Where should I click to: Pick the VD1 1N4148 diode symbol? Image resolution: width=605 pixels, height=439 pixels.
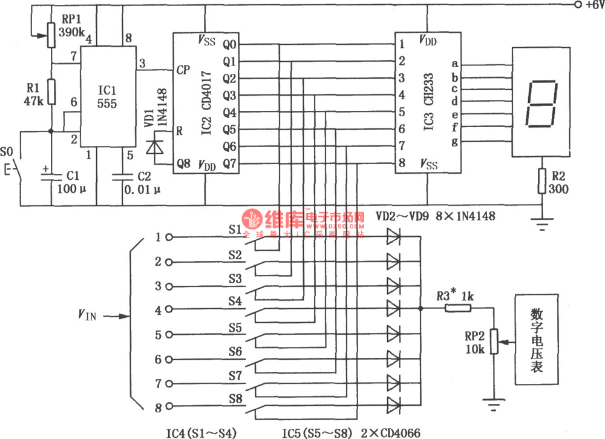(x=155, y=148)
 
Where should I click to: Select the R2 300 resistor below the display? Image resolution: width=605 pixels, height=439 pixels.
(x=541, y=181)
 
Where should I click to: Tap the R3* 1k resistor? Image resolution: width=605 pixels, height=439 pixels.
(x=458, y=308)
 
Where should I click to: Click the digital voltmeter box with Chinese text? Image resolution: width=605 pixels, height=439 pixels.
(x=537, y=340)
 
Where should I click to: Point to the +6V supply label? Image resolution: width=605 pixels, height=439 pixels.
(x=590, y=5)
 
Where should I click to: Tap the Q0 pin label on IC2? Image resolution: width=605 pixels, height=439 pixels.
(x=229, y=44)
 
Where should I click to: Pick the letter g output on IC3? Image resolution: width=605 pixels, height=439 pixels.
(x=454, y=142)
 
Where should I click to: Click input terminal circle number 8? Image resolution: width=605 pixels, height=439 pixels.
(x=169, y=408)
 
